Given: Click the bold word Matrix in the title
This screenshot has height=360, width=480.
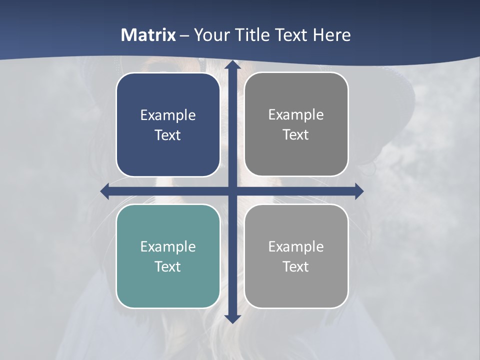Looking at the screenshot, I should point(148,35).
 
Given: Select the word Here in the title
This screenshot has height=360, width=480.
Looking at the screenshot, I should point(331,35).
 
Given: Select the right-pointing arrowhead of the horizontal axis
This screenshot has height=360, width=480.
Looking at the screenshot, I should point(359,191).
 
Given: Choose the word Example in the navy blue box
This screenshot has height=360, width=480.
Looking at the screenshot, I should point(168,115).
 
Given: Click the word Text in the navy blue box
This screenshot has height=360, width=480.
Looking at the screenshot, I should point(168,135).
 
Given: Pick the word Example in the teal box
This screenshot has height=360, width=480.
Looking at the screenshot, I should point(168,247).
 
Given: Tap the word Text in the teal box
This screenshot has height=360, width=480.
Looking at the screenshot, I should point(168,267).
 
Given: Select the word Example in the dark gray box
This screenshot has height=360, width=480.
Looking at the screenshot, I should point(296,115).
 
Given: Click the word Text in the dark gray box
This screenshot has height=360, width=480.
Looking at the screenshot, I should point(296,135).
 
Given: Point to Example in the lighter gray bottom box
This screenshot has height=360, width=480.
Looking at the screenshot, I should point(296,247).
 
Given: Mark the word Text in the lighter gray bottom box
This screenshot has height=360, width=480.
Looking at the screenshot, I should point(296,267).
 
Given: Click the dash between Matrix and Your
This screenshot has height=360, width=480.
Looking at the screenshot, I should point(184,35).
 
